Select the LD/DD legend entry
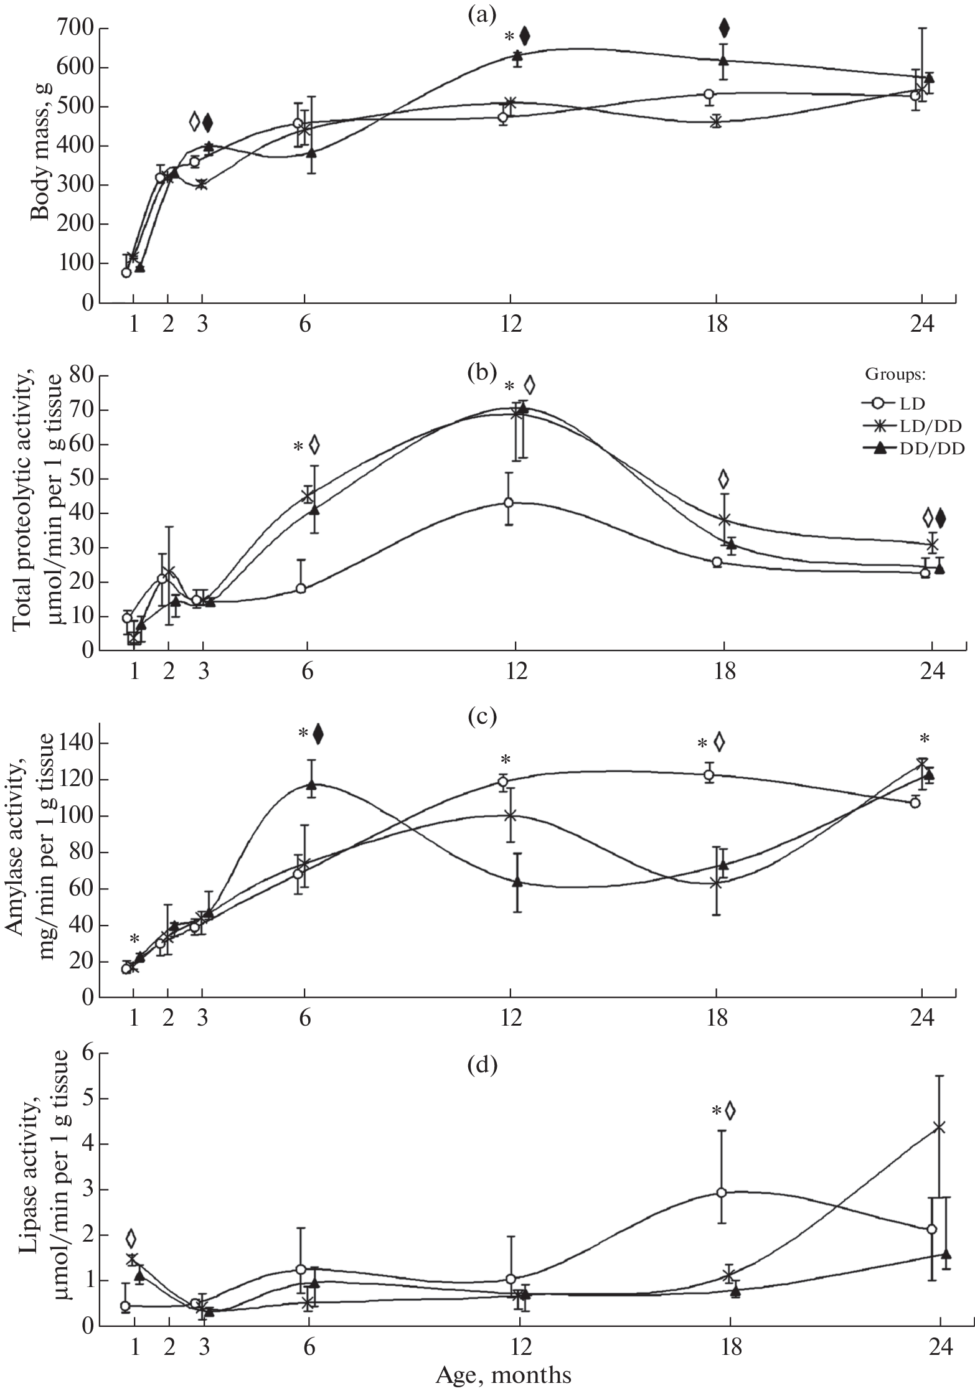click(906, 426)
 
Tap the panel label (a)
click(482, 14)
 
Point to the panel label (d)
click(482, 1065)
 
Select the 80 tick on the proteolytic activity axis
click(80, 376)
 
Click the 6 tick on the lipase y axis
click(88, 1054)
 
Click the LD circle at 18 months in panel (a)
click(709, 94)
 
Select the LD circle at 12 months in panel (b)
click(509, 502)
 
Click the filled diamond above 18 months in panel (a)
click(723, 27)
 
